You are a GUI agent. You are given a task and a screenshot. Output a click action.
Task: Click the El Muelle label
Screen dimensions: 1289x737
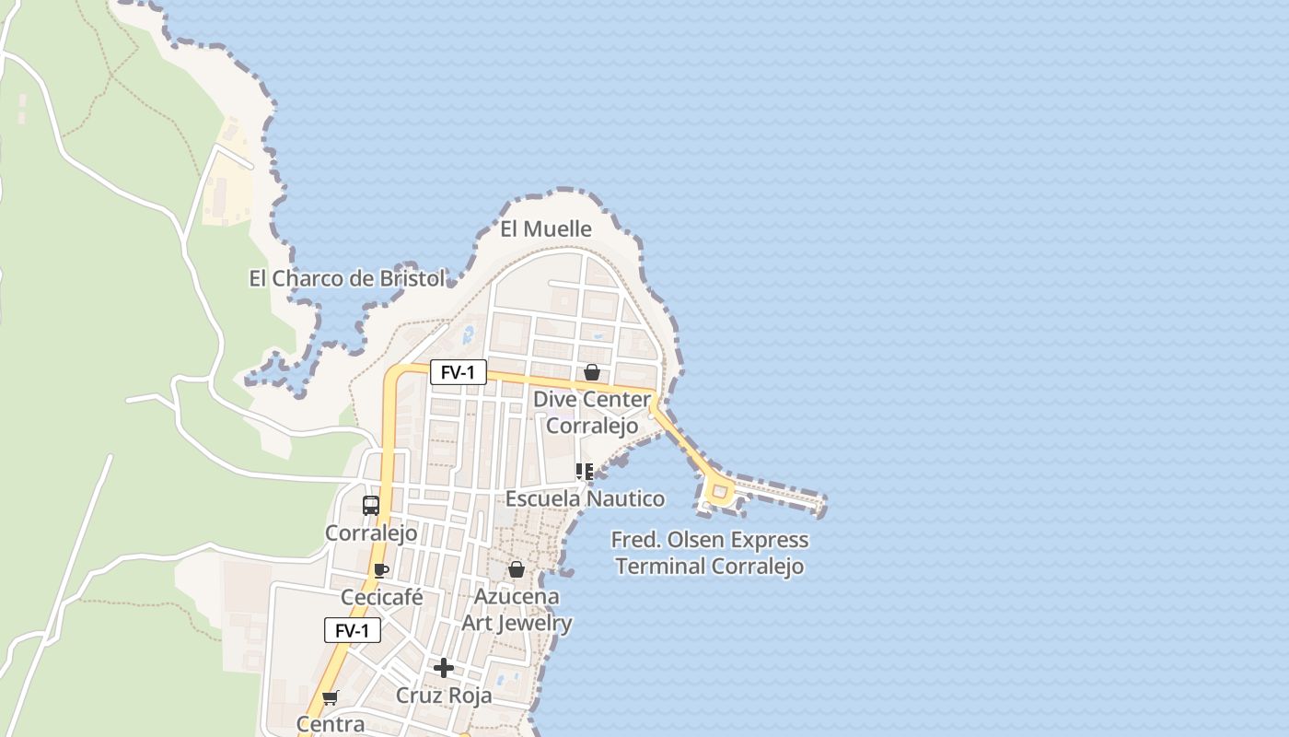click(545, 228)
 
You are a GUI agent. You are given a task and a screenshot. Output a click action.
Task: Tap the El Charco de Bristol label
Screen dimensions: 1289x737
click(346, 278)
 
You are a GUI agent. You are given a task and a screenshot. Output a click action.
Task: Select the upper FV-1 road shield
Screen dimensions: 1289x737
click(458, 372)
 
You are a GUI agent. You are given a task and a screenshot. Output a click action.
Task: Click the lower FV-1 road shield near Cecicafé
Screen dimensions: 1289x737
click(352, 631)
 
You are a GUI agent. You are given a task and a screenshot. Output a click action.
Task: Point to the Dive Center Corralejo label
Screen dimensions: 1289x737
click(592, 413)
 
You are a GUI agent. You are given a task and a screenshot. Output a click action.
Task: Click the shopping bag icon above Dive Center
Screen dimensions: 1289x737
click(592, 372)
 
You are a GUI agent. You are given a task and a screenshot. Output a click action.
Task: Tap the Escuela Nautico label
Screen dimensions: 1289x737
click(585, 498)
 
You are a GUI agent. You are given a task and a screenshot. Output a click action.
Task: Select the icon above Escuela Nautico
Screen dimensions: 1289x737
click(584, 473)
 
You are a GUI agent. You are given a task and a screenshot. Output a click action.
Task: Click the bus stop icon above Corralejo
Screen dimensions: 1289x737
click(371, 506)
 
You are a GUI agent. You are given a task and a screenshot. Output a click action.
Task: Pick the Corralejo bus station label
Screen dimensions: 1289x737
click(371, 533)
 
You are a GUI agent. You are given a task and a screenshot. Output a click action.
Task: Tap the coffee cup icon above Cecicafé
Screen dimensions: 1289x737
click(381, 570)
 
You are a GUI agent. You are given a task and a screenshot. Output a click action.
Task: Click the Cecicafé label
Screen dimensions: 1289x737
click(382, 598)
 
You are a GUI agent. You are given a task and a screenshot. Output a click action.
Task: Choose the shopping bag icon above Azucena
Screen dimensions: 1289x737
click(517, 569)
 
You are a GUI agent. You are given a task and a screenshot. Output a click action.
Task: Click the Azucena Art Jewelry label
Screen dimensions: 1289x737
click(517, 610)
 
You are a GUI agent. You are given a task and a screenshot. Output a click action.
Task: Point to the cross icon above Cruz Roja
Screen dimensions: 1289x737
click(444, 668)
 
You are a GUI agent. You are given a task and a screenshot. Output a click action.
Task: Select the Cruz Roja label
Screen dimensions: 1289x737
click(444, 696)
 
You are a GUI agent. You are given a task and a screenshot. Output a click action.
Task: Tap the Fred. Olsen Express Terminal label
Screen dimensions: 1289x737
click(711, 553)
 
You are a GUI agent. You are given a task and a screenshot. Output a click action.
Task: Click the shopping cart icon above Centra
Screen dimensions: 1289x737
click(330, 697)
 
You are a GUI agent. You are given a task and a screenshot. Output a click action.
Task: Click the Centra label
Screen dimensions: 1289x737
click(331, 724)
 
